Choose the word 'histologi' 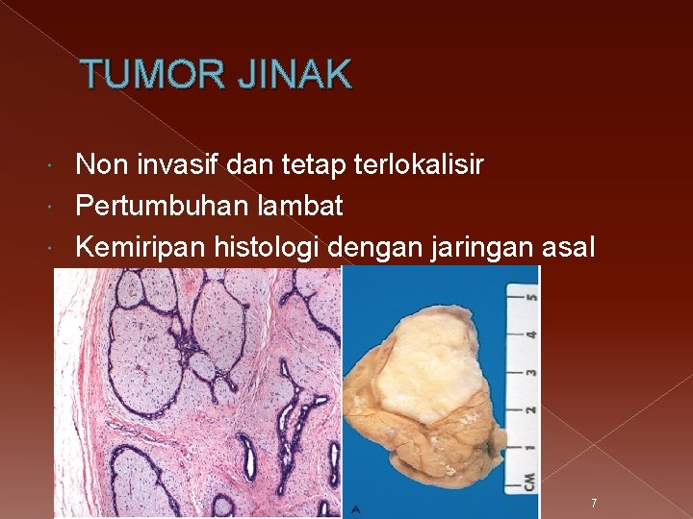tap(262, 248)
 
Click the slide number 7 tap(594, 504)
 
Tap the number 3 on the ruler tap(530, 372)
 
